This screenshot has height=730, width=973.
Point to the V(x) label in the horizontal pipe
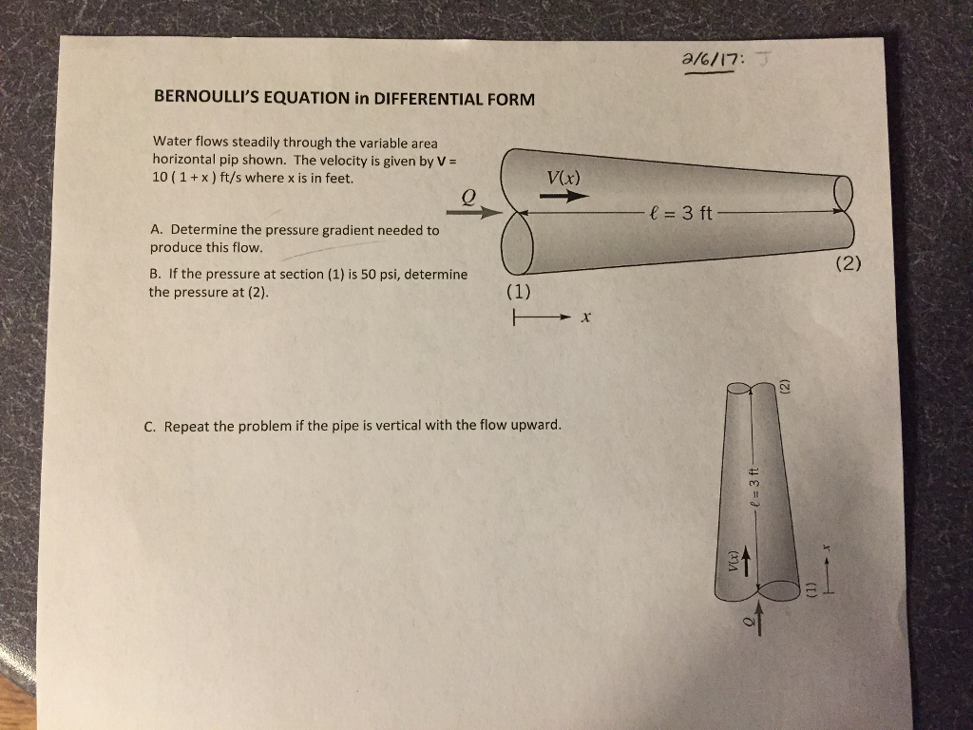[563, 178]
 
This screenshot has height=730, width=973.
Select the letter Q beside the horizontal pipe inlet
[467, 195]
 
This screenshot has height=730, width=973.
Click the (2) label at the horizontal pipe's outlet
[849, 263]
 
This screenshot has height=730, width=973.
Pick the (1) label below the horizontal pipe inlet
[519, 289]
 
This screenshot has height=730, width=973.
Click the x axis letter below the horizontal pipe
[586, 319]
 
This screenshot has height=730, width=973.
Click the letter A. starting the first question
[156, 230]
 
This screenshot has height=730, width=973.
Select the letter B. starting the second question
[156, 274]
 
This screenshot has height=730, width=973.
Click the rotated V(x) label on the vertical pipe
[733, 562]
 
